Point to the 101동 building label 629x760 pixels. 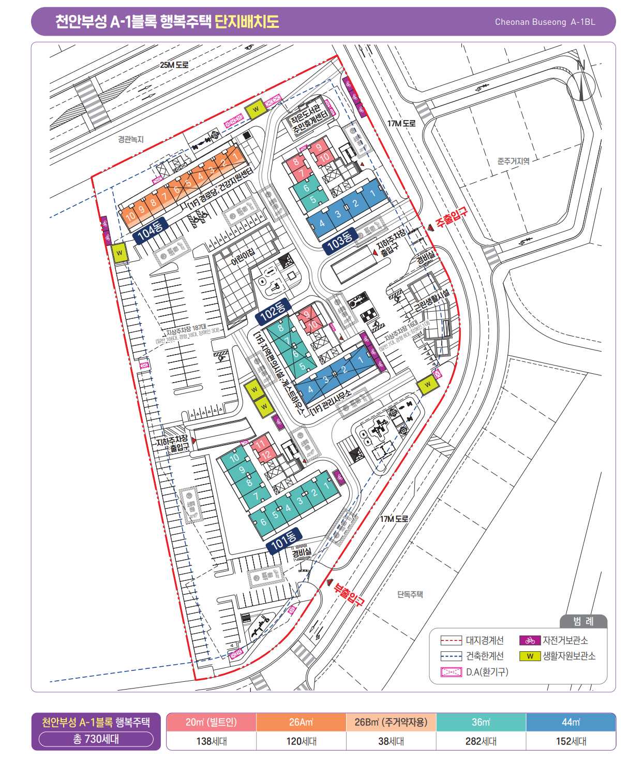click(284, 540)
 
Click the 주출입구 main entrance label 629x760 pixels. click(451, 218)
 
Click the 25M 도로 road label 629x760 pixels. click(174, 65)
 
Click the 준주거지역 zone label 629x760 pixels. click(513, 161)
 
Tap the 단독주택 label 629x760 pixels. click(410, 594)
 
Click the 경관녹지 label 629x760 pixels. click(130, 139)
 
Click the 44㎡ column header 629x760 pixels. click(571, 722)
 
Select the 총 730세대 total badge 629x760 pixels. click(96, 739)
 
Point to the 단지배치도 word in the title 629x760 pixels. click(247, 22)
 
